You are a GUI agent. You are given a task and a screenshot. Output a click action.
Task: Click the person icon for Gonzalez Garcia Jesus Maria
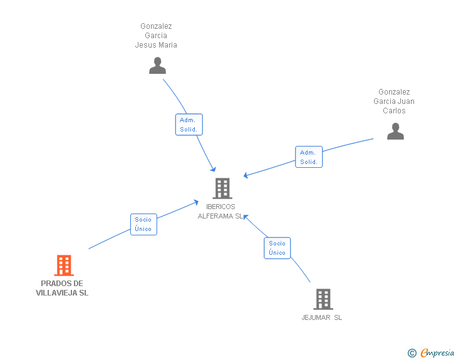coord(157,65)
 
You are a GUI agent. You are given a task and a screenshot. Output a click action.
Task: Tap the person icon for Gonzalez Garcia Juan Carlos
coord(395,131)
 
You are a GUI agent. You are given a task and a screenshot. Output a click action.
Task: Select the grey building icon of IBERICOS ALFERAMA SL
coord(222,188)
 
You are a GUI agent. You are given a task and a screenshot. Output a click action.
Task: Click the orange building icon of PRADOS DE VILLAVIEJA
coord(63,265)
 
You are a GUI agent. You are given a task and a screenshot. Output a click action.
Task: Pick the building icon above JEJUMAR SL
coord(323,299)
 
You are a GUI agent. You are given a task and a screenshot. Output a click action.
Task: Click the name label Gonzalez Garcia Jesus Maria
coord(156,36)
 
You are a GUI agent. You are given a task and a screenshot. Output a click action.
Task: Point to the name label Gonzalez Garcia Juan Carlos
coord(394,101)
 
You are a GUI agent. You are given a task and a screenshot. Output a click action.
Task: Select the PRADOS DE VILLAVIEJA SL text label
coord(62,288)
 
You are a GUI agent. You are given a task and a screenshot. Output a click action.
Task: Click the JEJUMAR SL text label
coord(322,317)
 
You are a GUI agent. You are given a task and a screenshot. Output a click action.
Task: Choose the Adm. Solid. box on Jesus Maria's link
coord(189,125)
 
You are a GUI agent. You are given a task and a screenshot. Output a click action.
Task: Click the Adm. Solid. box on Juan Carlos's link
coord(309,157)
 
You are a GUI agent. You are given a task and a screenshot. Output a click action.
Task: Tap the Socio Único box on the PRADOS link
coord(143,224)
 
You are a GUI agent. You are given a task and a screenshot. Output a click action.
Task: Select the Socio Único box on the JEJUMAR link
coord(277,248)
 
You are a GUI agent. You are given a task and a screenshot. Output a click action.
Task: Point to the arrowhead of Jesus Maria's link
coord(214,169)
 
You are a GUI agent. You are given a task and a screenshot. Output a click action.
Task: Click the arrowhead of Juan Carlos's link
coord(246,176)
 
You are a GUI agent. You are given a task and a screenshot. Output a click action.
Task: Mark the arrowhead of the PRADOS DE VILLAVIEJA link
coord(197,202)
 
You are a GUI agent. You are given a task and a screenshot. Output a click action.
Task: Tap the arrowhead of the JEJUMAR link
coord(246,216)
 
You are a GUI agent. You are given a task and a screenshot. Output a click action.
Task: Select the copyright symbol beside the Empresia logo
coord(412,354)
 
